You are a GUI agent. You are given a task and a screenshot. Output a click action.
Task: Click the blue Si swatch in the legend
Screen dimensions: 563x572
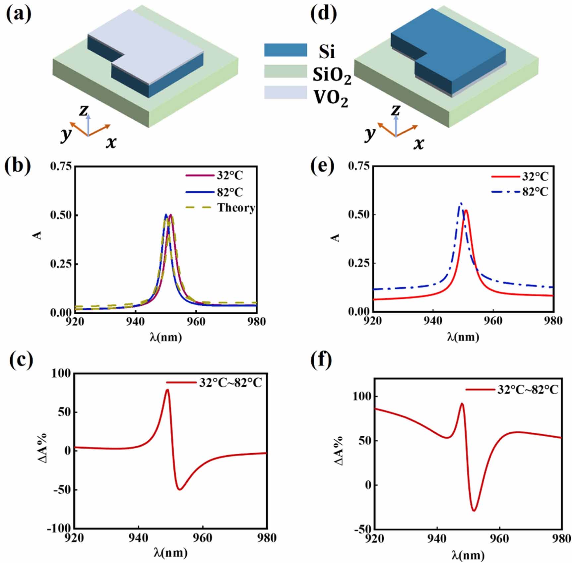[x=285, y=50]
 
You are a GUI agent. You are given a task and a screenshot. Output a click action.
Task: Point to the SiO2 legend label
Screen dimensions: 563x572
[x=332, y=75]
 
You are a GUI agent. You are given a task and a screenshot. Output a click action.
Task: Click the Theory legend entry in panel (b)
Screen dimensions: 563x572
[x=236, y=208]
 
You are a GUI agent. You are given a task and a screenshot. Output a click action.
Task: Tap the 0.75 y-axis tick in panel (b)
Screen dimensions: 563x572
[x=61, y=166]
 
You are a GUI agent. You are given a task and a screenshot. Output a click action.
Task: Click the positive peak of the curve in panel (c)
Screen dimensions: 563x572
[x=167, y=390]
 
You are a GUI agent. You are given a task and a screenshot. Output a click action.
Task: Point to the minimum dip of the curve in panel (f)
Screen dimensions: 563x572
[x=474, y=510]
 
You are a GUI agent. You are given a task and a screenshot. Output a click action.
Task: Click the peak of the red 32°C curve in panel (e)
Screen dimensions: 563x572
[x=466, y=210]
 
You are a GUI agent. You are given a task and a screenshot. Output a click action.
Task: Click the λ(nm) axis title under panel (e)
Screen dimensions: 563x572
[x=463, y=337]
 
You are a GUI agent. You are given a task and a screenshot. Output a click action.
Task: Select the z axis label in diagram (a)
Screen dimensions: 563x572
[x=84, y=111]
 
